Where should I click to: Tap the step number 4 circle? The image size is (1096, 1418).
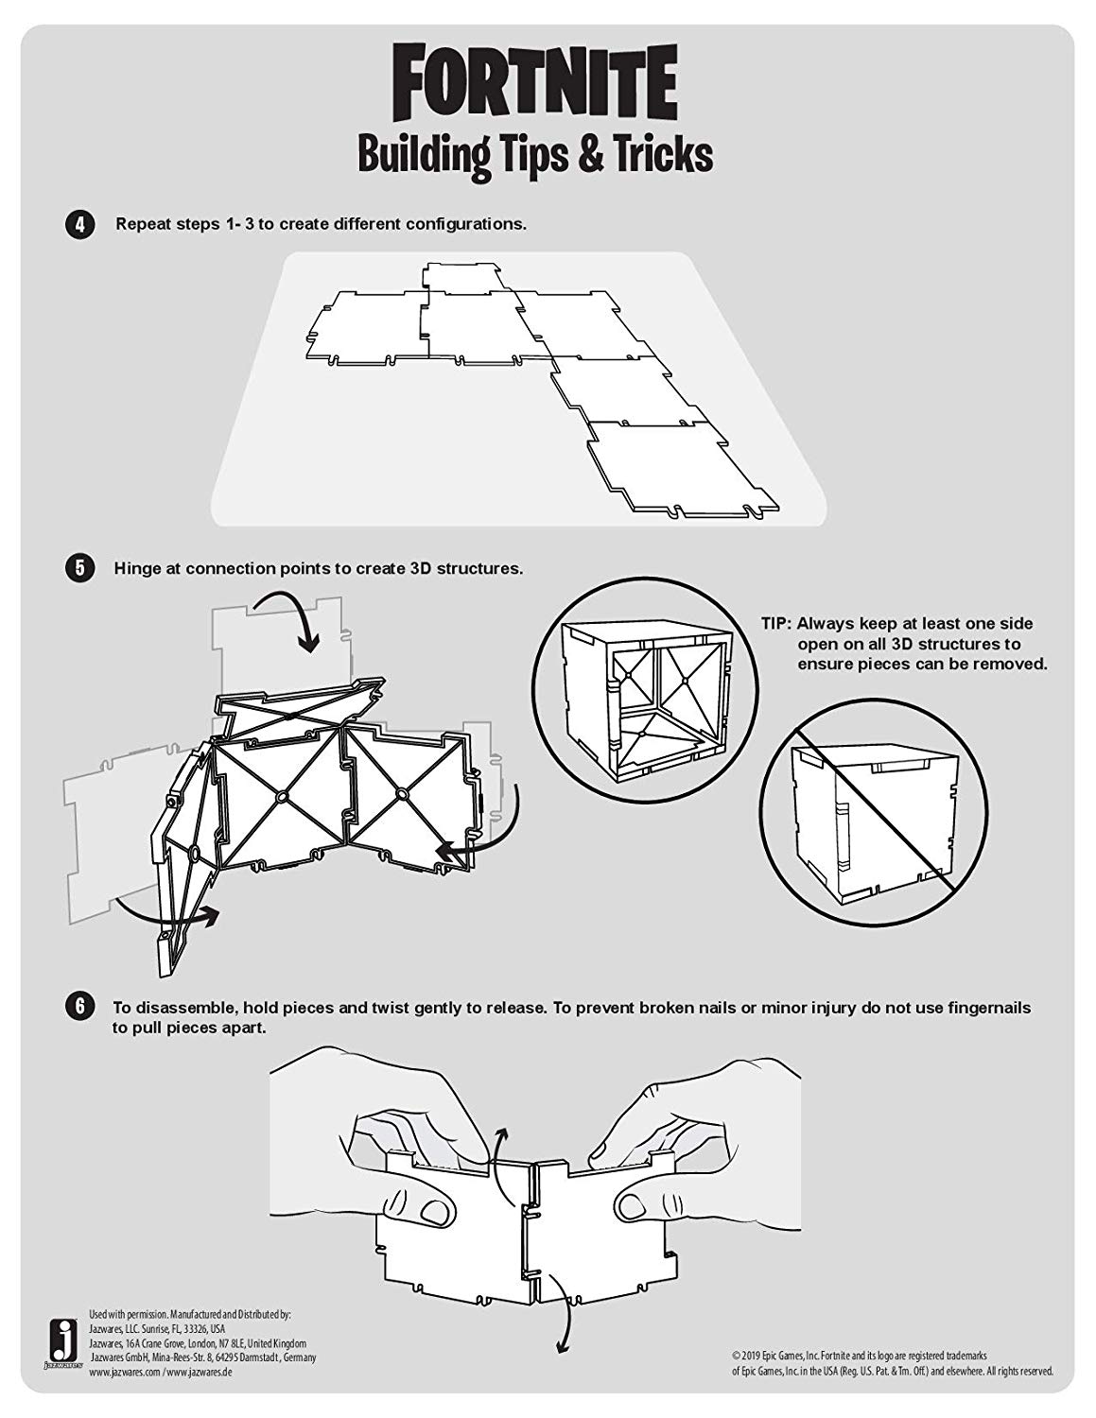pyautogui.click(x=79, y=225)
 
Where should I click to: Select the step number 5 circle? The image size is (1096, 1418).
pyautogui.click(x=79, y=568)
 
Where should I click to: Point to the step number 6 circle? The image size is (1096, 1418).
pyautogui.click(x=79, y=1006)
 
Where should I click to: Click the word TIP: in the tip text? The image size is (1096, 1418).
pyautogui.click(x=776, y=623)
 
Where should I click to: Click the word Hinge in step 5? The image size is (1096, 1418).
pyautogui.click(x=138, y=569)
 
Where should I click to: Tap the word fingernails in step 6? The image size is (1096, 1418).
pyautogui.click(x=989, y=1008)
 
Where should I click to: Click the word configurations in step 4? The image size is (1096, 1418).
pyautogui.click(x=465, y=224)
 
